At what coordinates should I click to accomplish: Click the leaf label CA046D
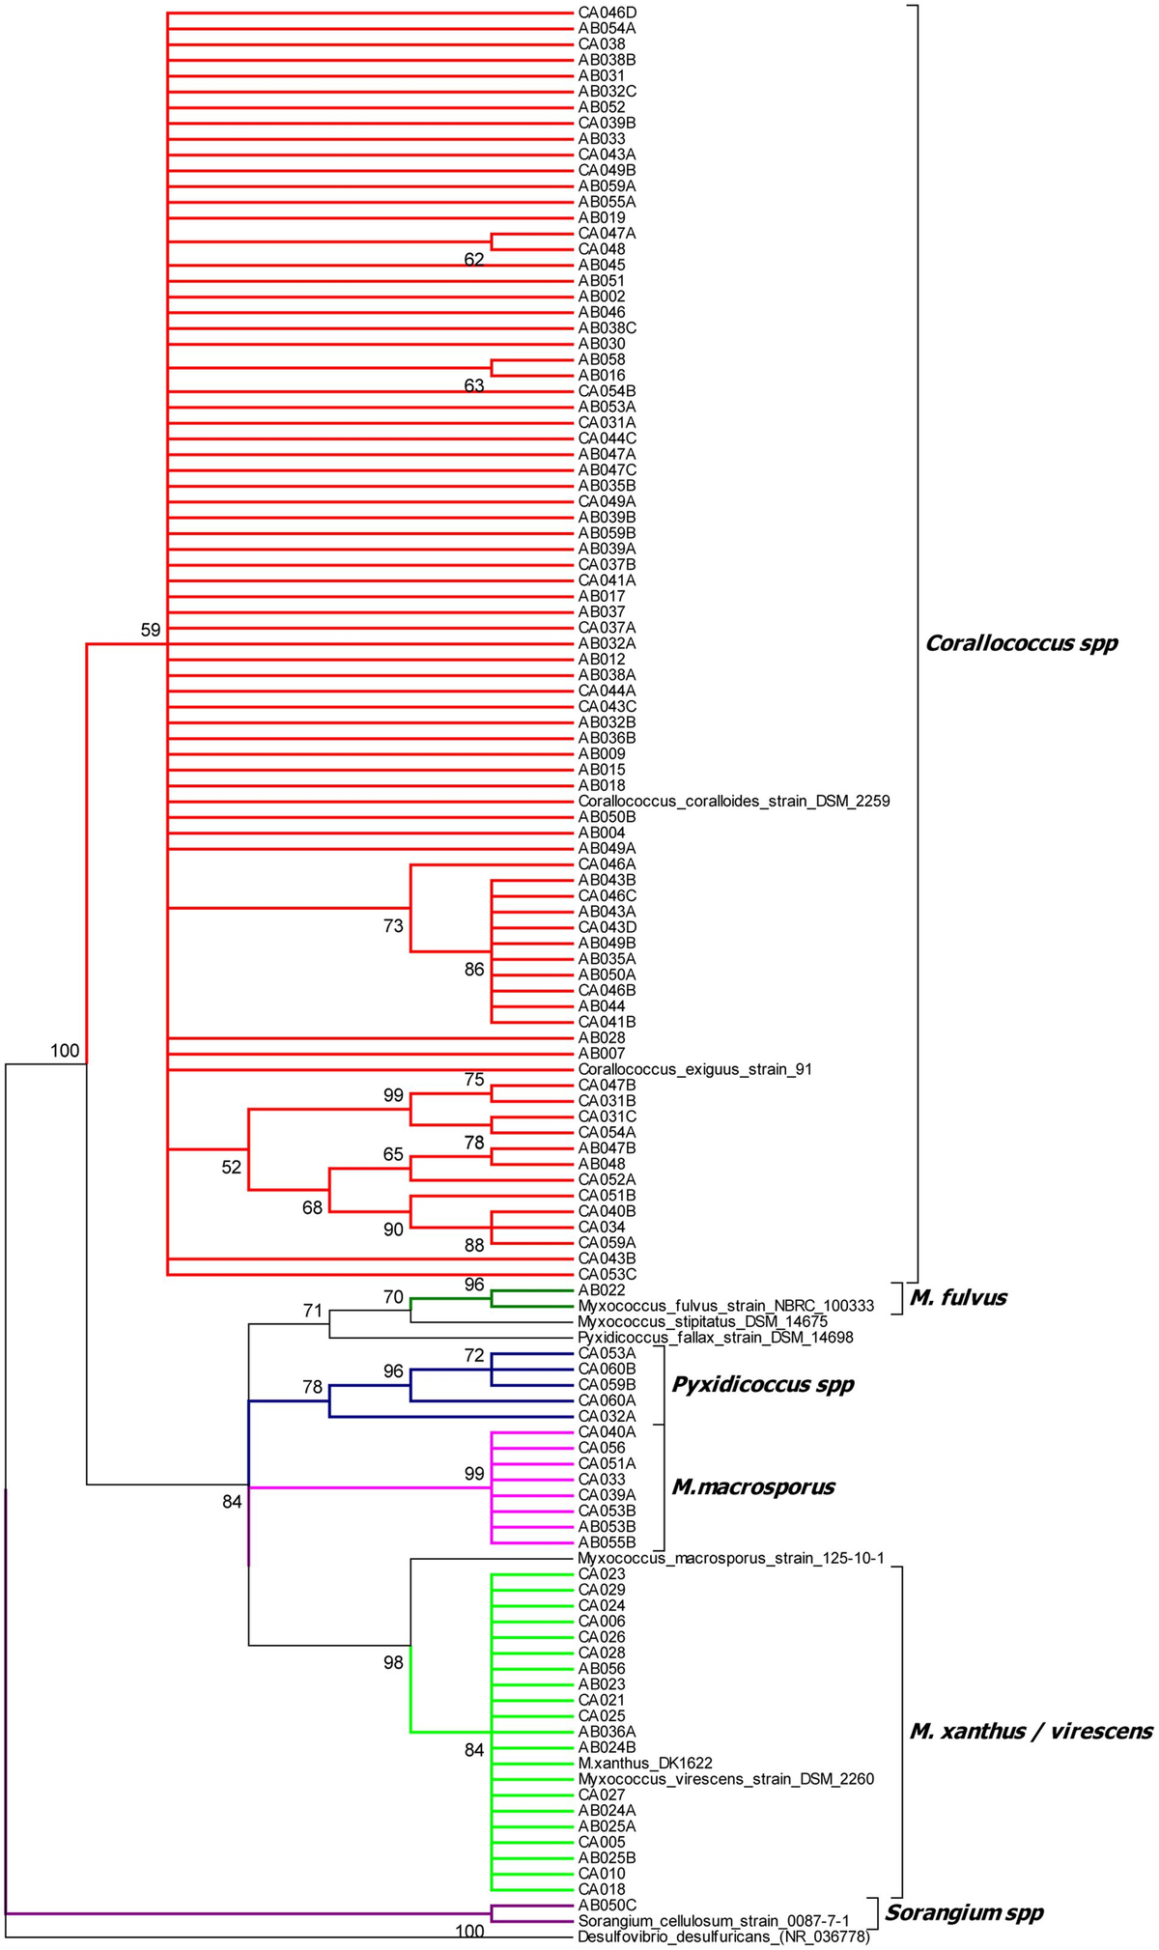click(607, 13)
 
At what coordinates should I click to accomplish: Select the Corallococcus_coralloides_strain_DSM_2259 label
click(733, 802)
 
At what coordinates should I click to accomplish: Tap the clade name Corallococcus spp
click(1021, 643)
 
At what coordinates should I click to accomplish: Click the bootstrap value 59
click(151, 631)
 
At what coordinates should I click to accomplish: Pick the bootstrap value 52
click(231, 1168)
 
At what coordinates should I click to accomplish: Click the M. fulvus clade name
click(958, 1298)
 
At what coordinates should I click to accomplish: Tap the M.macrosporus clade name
click(752, 1486)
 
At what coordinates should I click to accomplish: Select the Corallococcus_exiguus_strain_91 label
click(695, 1070)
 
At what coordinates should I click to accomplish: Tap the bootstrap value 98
click(393, 1662)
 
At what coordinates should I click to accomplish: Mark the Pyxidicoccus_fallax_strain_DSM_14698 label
click(716, 1339)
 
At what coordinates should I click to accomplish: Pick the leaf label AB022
click(602, 1290)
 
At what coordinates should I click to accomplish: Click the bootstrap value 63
click(474, 386)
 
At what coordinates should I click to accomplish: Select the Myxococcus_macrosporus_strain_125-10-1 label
click(731, 1559)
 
